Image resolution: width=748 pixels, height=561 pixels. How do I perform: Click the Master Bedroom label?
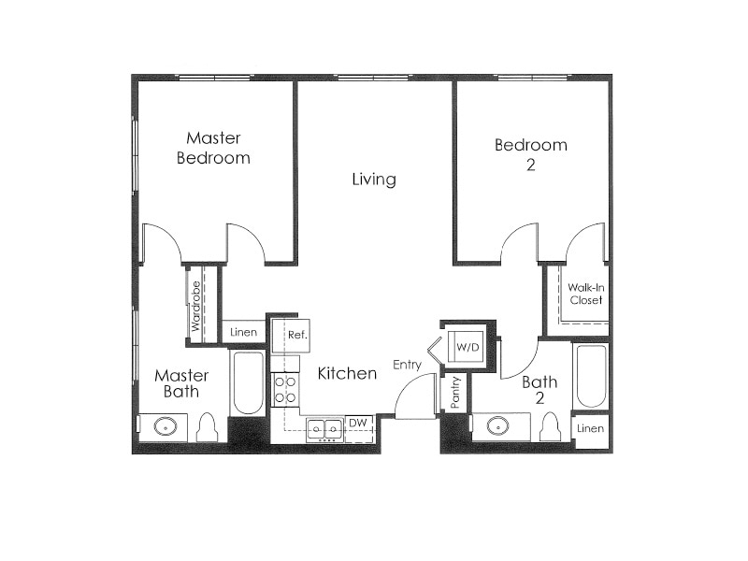coord(213,148)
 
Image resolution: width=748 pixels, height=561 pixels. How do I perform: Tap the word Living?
coord(374,179)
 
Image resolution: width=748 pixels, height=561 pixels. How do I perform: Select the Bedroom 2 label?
coord(531,154)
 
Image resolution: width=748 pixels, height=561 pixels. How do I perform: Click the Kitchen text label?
coord(347,374)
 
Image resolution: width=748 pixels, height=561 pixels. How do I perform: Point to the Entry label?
coord(407,365)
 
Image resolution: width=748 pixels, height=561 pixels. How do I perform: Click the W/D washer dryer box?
coord(467,347)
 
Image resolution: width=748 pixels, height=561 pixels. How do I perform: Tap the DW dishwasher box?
coord(358,424)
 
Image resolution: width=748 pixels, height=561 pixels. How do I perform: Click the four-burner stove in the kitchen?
coord(285,389)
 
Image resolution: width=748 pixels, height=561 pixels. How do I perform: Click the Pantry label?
coord(452,393)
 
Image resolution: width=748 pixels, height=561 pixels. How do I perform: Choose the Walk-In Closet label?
coord(586,294)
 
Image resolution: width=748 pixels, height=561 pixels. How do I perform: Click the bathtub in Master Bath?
coord(248,383)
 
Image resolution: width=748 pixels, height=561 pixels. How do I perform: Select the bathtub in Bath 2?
coord(591,377)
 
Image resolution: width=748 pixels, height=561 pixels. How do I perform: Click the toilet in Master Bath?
coord(208,427)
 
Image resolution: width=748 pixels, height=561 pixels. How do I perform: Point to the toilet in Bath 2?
coord(551,426)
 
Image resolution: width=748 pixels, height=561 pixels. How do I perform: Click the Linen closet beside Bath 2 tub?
coord(590,428)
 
